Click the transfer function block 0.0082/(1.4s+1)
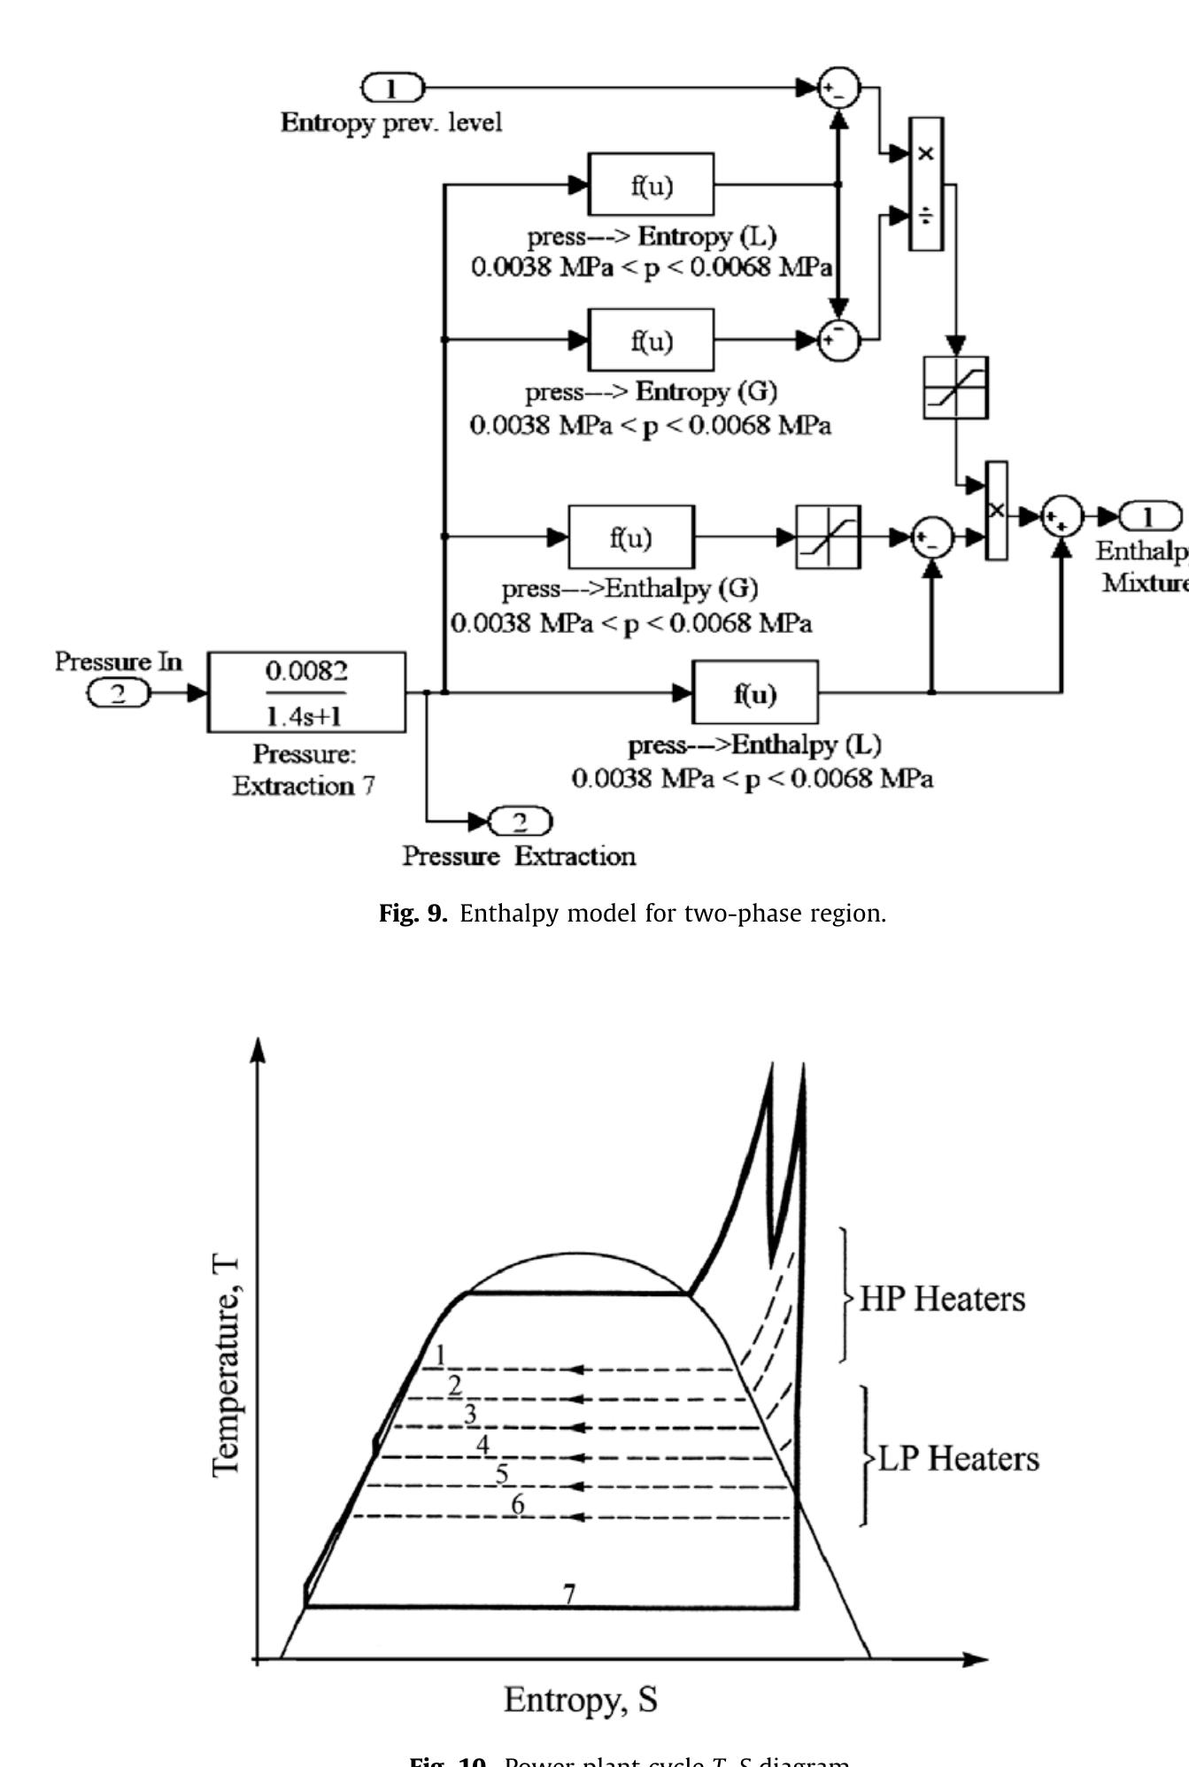[x=306, y=692]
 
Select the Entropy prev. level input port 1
[x=392, y=88]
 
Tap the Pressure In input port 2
[x=119, y=693]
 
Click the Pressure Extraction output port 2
[x=520, y=822]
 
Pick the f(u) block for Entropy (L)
[x=651, y=185]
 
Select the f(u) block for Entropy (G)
[x=651, y=340]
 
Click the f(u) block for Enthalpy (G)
[x=630, y=537]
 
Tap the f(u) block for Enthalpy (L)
[x=754, y=692]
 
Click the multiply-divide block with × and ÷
[x=926, y=184]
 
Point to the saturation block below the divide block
[x=955, y=388]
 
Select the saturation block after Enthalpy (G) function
[x=828, y=537]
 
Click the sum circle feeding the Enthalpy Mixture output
[x=1061, y=517]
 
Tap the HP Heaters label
[x=942, y=1299]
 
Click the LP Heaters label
[x=958, y=1458]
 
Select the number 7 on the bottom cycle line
[x=569, y=1593]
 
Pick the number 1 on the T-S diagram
[x=440, y=1354]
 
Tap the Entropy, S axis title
[x=580, y=1700]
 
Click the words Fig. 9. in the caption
[x=413, y=914]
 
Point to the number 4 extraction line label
[x=483, y=1445]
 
